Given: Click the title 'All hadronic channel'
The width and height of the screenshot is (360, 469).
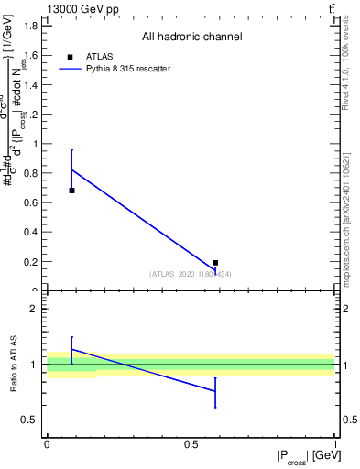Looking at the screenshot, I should [191, 37].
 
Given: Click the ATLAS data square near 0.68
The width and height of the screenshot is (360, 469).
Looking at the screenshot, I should [71, 191].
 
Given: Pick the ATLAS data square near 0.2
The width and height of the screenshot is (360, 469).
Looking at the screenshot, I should [215, 263].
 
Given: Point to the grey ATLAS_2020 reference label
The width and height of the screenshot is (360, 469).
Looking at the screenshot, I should [191, 274].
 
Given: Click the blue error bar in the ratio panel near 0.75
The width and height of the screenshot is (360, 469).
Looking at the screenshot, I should [215, 392].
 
